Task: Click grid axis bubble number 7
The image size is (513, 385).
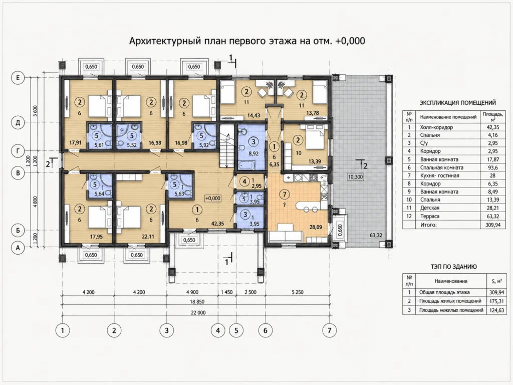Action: pos(330,330)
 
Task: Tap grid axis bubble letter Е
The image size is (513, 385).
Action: pos(18,78)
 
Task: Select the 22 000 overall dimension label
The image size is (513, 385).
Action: pos(198,313)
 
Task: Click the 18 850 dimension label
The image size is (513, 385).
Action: pos(198,302)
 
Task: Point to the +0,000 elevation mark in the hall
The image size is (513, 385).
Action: pos(212,198)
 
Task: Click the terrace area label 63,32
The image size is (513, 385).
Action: pos(376,235)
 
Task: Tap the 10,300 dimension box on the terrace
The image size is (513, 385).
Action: pos(355,177)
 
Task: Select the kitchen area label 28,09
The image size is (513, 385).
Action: pos(316,227)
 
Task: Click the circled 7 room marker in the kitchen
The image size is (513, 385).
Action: pos(285,195)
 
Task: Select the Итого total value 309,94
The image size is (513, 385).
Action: pos(492,225)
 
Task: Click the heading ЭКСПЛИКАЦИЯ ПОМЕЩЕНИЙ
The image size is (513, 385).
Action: pos(458,103)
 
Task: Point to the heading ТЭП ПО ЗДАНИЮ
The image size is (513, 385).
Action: pos(453,267)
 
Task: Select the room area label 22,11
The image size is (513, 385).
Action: pos(147,237)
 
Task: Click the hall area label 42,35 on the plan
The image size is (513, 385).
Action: pos(217,224)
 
